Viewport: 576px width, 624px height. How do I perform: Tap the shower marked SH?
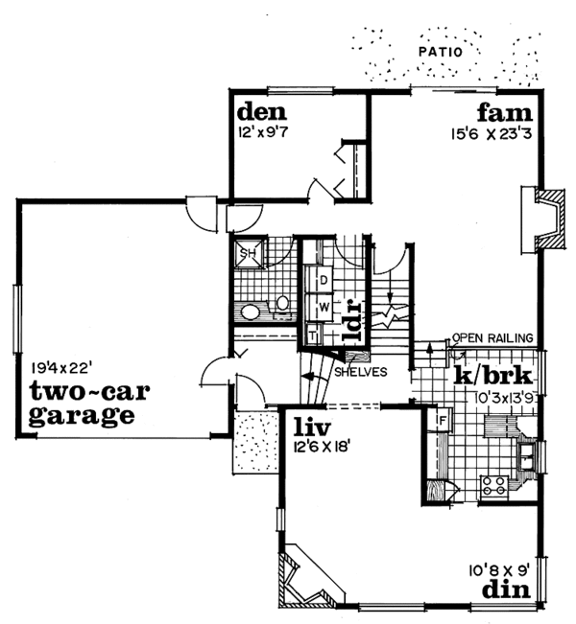247,254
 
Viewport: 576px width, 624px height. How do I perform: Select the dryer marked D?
324,279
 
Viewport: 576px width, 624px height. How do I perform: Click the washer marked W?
324,308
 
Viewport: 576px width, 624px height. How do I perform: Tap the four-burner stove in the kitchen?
494,484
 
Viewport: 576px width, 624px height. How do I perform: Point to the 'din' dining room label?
507,589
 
